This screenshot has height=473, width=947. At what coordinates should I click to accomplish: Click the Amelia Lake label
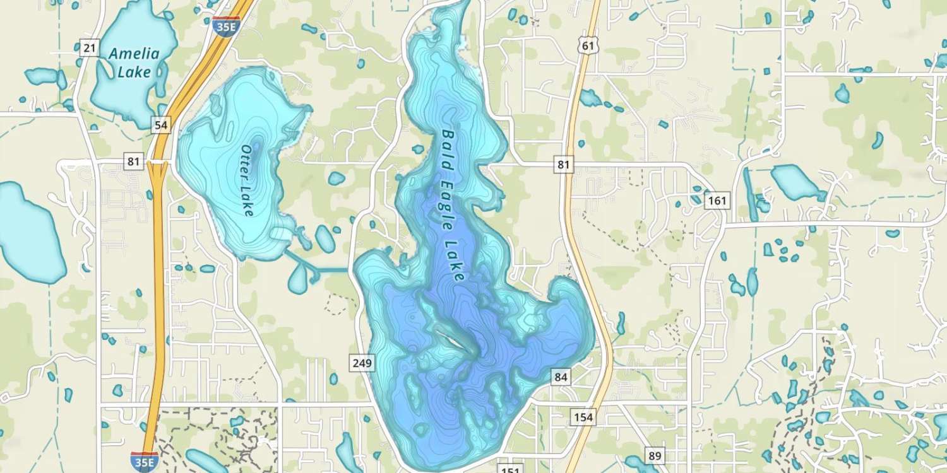pyautogui.click(x=134, y=62)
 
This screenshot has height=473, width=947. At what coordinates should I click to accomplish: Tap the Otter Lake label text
pyautogui.click(x=247, y=180)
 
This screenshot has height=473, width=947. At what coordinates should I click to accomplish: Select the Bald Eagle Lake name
pyautogui.click(x=453, y=205)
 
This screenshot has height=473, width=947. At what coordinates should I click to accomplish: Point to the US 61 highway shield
pyautogui.click(x=588, y=44)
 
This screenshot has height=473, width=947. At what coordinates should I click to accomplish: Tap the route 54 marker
pyautogui.click(x=161, y=125)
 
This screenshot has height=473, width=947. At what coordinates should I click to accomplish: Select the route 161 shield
pyautogui.click(x=717, y=201)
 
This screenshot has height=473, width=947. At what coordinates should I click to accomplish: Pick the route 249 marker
pyautogui.click(x=363, y=363)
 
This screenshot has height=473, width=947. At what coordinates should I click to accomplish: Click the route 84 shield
pyautogui.click(x=561, y=377)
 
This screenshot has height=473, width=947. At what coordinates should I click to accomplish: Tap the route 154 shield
pyautogui.click(x=583, y=417)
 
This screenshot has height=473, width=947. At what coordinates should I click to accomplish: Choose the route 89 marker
pyautogui.click(x=655, y=455)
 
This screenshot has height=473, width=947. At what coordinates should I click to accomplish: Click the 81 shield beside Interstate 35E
pyautogui.click(x=133, y=161)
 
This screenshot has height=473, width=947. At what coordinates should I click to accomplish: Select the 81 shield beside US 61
pyautogui.click(x=564, y=165)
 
